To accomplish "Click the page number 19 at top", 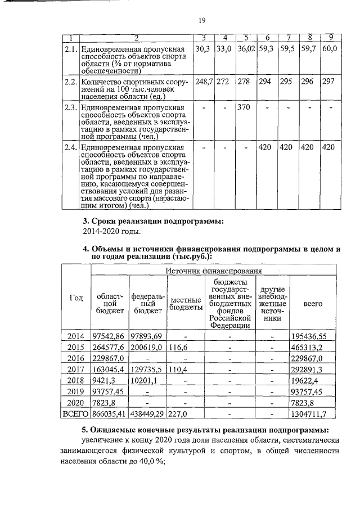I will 201,21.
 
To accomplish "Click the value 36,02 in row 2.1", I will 246,49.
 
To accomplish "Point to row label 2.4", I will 70,147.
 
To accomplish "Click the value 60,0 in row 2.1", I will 330,49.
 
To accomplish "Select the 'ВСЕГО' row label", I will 75,415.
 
